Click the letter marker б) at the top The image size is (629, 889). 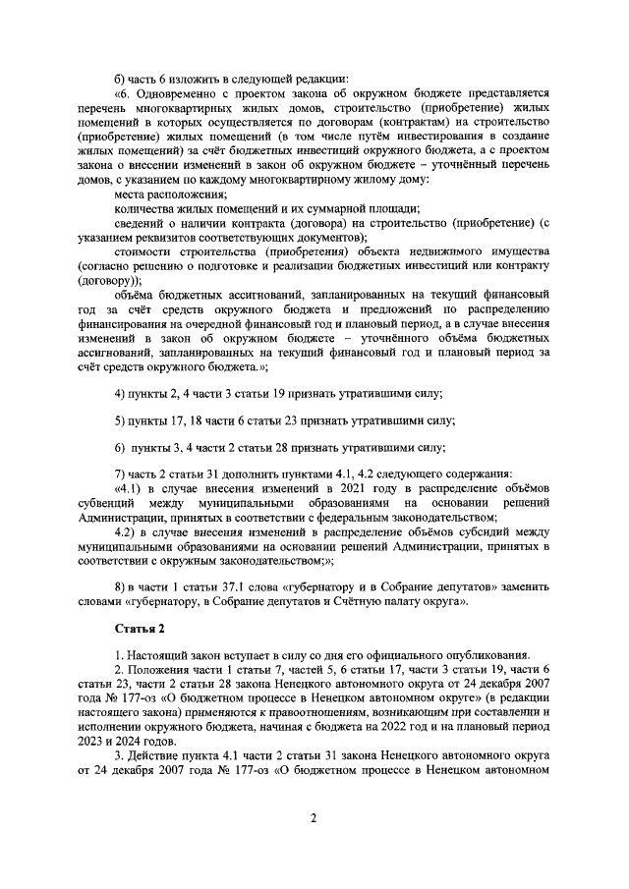point(121,79)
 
